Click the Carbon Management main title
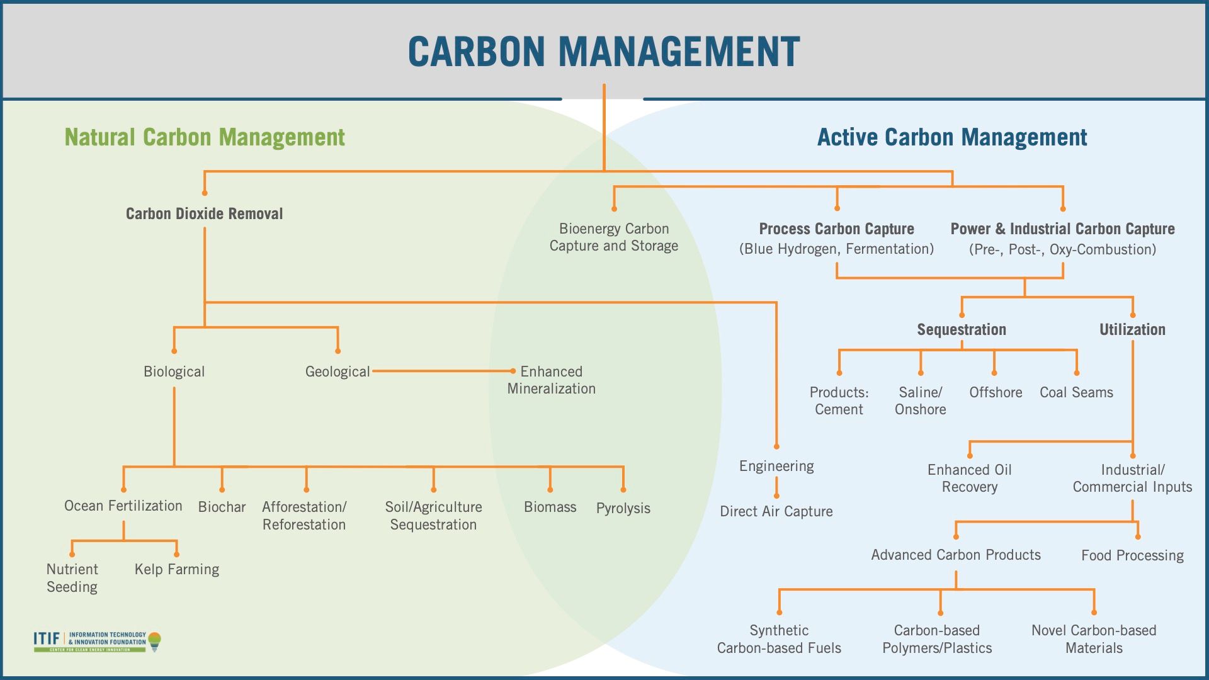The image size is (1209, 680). [604, 51]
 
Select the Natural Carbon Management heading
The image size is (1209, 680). [205, 137]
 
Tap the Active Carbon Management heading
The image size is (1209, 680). [951, 137]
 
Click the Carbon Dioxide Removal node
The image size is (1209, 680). [205, 214]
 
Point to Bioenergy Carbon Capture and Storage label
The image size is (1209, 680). [614, 237]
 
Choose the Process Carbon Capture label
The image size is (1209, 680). [836, 229]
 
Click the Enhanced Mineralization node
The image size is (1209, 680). [552, 380]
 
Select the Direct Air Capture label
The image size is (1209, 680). [776, 511]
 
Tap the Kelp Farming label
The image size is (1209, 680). [177, 569]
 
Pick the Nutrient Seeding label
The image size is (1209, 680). [72, 578]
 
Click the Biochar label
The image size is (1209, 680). [222, 507]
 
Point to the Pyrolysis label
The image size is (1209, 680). [623, 508]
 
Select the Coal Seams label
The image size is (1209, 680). [1076, 392]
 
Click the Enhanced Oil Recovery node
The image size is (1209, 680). [969, 479]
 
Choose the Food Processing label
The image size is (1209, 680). [1132, 555]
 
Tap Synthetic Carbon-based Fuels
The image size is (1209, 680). [779, 639]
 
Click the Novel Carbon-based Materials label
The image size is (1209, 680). [1094, 639]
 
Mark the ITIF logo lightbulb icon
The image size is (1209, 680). [154, 642]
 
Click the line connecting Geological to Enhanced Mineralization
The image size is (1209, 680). [441, 371]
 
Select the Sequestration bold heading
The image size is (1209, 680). [962, 330]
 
